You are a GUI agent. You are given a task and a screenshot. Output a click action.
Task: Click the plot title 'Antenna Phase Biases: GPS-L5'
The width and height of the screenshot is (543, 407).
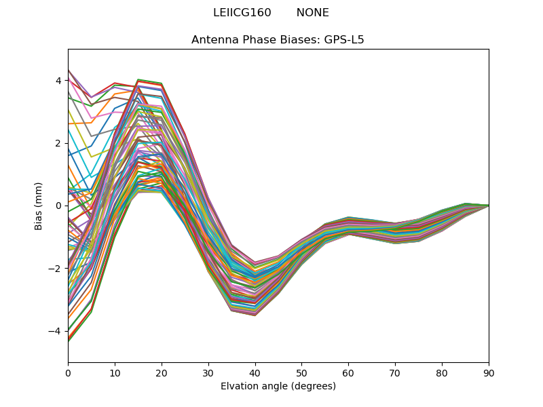click(x=278, y=40)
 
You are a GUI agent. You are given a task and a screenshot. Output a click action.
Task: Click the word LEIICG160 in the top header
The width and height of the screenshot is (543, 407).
click(x=242, y=13)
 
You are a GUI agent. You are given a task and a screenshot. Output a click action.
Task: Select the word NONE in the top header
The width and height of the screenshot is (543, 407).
click(x=312, y=13)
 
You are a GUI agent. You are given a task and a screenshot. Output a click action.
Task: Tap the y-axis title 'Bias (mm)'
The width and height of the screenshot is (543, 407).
click(x=39, y=206)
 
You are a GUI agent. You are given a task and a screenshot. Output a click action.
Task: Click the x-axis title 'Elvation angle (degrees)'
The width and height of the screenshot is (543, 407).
click(x=278, y=386)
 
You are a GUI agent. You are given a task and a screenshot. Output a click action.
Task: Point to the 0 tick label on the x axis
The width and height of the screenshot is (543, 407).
click(x=68, y=372)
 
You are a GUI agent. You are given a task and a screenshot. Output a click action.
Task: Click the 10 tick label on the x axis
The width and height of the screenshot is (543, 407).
click(x=115, y=372)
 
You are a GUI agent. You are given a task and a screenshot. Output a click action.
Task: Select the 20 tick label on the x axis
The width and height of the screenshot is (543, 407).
click(x=162, y=372)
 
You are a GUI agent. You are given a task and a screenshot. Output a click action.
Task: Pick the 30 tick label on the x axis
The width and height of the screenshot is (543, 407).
click(x=208, y=372)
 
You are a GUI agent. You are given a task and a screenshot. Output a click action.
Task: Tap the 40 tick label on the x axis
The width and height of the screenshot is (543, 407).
click(x=255, y=372)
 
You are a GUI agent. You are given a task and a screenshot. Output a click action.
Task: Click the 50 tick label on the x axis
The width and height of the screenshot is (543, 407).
click(x=301, y=372)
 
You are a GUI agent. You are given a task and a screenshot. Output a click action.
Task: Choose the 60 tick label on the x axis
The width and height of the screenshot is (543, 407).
click(x=348, y=372)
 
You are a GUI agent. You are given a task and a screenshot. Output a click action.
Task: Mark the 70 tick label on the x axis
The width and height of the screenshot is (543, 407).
click(x=395, y=372)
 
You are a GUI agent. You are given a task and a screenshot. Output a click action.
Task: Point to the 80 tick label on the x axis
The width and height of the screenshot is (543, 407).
click(x=442, y=372)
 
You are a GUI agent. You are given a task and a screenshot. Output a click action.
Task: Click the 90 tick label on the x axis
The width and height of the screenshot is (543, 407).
click(x=489, y=372)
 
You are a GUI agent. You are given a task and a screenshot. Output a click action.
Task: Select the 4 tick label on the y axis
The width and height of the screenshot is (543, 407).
click(x=58, y=81)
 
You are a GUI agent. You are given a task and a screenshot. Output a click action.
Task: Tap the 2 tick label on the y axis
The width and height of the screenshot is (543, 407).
click(x=58, y=143)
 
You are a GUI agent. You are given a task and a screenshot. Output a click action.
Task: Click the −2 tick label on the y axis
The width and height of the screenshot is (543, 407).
click(x=56, y=269)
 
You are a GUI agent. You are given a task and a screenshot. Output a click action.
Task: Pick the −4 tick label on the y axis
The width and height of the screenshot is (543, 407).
click(x=56, y=331)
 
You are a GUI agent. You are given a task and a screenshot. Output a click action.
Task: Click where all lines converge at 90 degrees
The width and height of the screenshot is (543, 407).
click(x=488, y=206)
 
